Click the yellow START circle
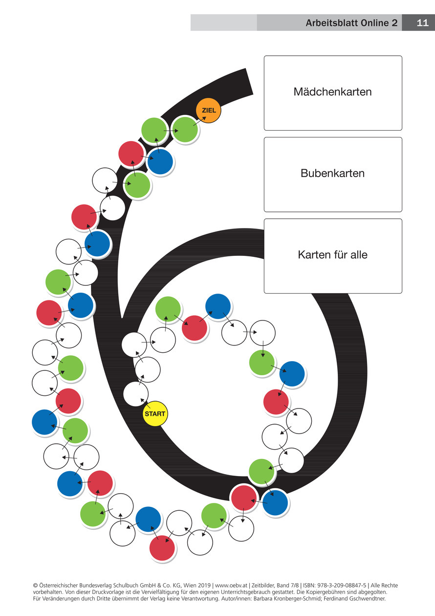coord(155,414)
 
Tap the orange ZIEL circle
coord(209,111)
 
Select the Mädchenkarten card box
coord(333,92)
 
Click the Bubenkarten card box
coord(333,174)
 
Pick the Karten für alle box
coord(333,255)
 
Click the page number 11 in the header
coord(422,23)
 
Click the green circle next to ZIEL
coord(185,130)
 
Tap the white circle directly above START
coord(136,394)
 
